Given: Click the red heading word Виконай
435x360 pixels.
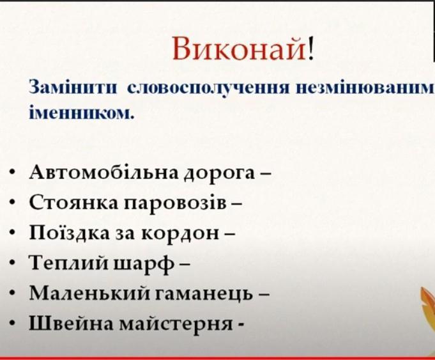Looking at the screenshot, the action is click(240, 49).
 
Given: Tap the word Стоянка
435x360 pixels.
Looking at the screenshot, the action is click(74, 203).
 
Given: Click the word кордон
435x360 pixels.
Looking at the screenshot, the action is click(180, 233).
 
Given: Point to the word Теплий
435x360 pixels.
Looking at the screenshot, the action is click(68, 263).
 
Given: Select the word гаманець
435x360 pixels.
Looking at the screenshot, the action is click(204, 295).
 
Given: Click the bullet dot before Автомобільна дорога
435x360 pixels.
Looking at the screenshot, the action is click(11, 173).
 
